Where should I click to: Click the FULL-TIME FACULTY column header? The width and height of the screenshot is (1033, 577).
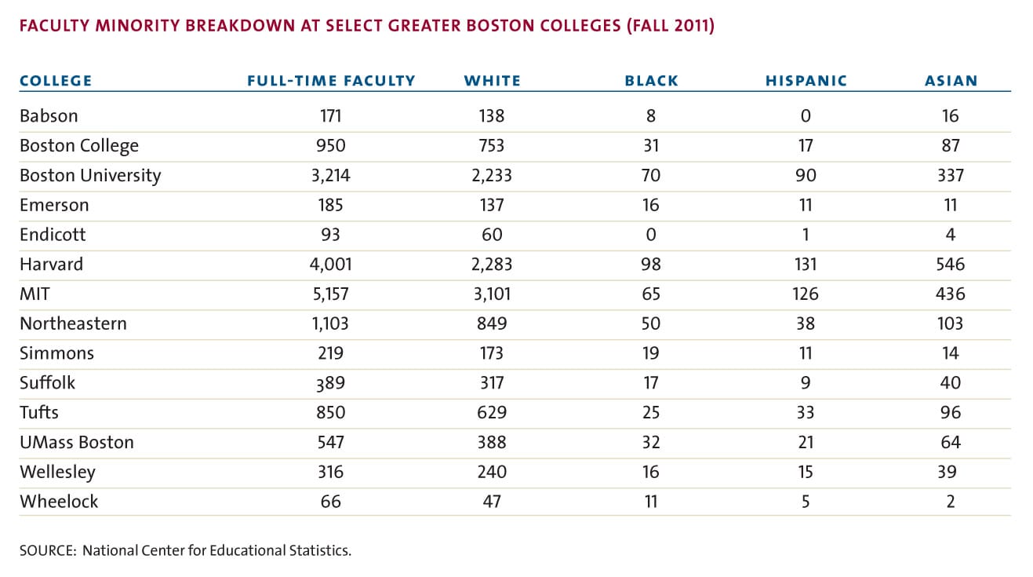tap(331, 81)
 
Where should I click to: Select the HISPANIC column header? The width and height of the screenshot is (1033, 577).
tap(806, 81)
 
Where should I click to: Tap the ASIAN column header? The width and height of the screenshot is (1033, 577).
tap(951, 81)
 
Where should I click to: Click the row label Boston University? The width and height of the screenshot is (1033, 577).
tap(90, 176)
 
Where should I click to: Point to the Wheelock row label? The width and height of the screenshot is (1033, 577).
tap(59, 502)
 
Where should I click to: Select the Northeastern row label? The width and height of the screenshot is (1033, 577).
tap(73, 323)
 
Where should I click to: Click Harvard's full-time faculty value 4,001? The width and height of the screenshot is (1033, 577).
tap(331, 265)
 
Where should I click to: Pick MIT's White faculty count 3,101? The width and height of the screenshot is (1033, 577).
tap(492, 294)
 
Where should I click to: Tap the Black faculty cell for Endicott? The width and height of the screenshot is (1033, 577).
tap(651, 235)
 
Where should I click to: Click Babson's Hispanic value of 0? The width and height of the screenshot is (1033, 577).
tap(806, 116)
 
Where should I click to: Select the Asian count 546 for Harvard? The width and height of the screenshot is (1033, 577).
tap(951, 265)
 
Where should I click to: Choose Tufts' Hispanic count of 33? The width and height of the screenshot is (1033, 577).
tap(806, 412)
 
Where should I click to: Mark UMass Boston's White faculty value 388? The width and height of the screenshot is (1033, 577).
tap(492, 442)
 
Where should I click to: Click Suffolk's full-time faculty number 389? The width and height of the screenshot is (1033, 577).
tap(331, 383)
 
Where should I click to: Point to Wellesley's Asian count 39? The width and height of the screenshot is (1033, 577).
tap(947, 472)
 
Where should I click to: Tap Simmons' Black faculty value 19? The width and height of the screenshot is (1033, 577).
tap(651, 353)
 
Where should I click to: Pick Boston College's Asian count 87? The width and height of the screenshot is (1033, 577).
tap(951, 146)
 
